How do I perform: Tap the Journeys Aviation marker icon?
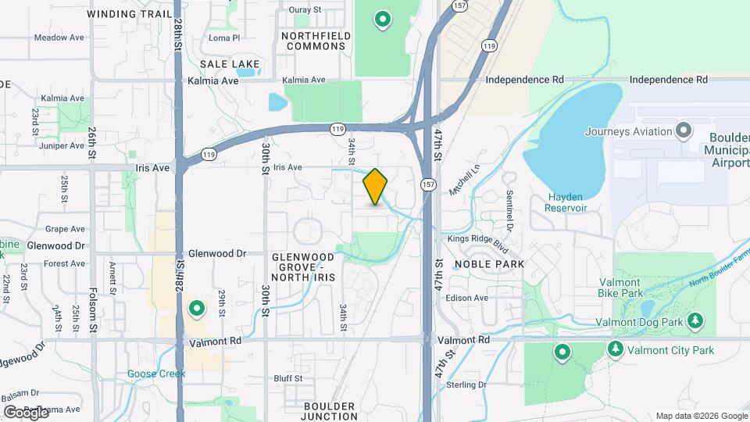[684, 130]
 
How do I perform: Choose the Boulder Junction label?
[330, 411]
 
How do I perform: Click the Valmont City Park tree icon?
[616, 349]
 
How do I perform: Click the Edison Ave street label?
[466, 298]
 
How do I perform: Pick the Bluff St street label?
[287, 378]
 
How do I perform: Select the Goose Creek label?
[155, 374]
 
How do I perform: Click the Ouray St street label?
[305, 10]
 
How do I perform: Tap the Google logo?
[26, 412]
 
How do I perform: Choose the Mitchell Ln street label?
[463, 180]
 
